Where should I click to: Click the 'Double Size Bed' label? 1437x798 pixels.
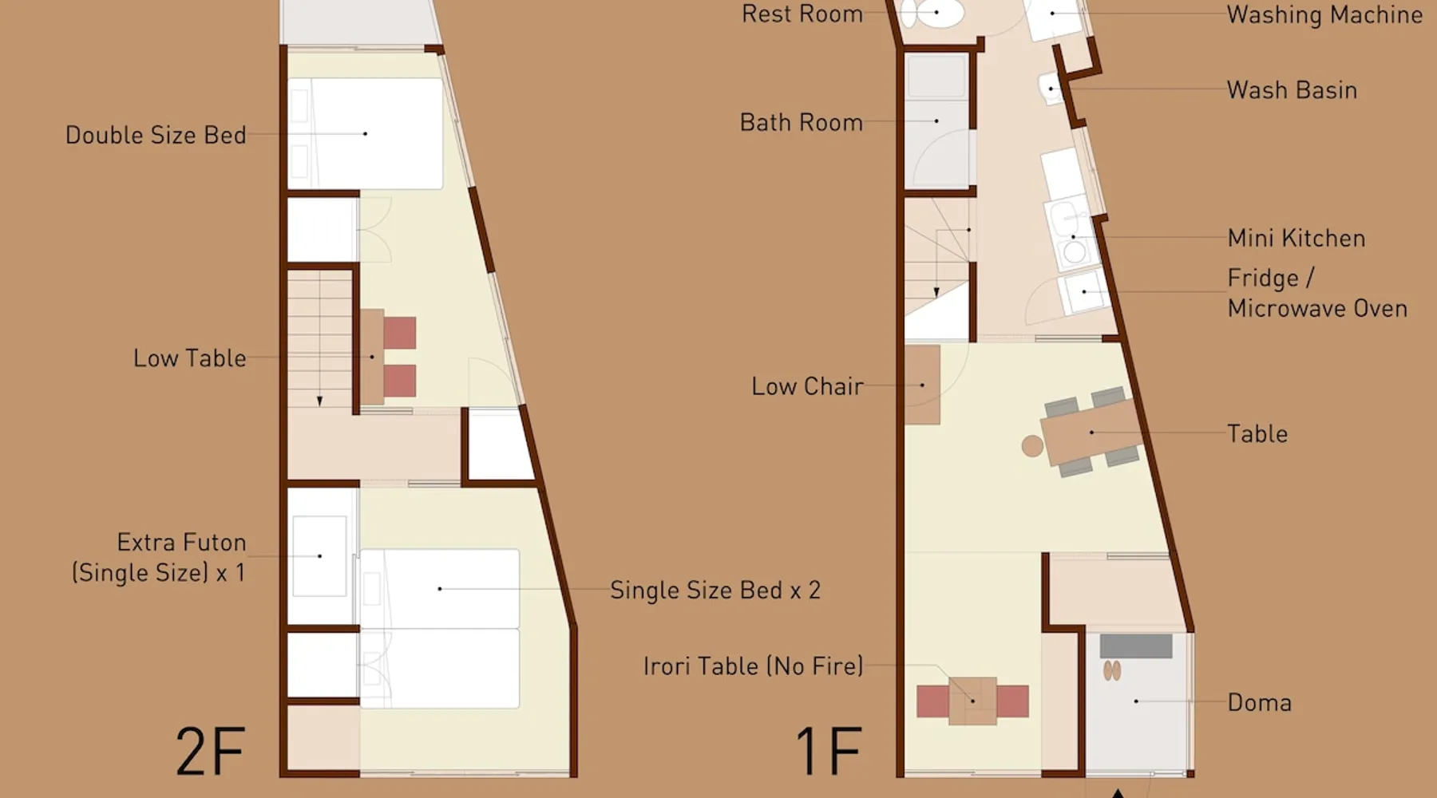point(156,135)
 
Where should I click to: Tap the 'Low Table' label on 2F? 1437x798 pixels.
point(190,358)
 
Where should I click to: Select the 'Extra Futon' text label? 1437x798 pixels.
point(181,543)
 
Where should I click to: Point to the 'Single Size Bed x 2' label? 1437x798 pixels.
point(715,590)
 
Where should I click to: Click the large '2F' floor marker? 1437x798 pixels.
point(210,751)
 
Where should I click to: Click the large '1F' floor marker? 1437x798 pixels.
point(828,751)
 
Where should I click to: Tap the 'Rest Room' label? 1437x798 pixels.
point(802,14)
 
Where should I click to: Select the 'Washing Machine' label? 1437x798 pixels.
point(1325,14)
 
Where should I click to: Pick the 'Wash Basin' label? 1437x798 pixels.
point(1293,90)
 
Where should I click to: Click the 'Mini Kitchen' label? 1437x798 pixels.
point(1296,238)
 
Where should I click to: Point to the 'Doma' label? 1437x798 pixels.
point(1260,702)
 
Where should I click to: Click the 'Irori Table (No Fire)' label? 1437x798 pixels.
point(754,666)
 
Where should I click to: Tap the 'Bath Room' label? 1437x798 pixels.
point(802,122)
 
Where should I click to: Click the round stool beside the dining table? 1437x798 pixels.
point(1032,445)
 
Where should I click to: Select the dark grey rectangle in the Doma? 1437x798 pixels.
point(1136,646)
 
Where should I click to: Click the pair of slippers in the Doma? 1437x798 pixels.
point(1112,670)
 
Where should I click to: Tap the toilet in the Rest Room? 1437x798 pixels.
point(932,13)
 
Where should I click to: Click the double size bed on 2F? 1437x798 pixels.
point(365,133)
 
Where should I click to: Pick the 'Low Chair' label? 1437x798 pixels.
point(807,386)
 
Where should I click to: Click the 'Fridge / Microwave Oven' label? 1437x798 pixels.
point(1317,293)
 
